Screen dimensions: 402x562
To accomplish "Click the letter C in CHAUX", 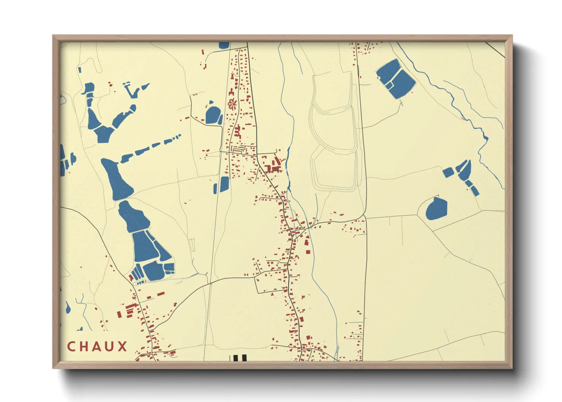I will [71, 347].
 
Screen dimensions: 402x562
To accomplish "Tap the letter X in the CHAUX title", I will [122, 347].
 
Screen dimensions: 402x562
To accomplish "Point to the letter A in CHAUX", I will [97, 347].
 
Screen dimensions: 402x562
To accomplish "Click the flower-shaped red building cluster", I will [232, 103].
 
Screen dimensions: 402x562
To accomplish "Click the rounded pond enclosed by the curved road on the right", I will [436, 209].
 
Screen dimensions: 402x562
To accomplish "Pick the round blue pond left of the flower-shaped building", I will [213, 115].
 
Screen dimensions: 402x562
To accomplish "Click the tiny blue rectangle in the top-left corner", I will [80, 70].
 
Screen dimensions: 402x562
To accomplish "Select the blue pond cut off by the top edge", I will [224, 45].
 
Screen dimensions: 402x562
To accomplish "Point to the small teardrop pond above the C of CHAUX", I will [68, 308].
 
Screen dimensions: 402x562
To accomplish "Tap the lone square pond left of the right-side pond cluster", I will [448, 172].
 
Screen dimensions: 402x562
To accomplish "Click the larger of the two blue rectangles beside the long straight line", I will [224, 184].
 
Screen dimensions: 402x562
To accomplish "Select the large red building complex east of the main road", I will [274, 166].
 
